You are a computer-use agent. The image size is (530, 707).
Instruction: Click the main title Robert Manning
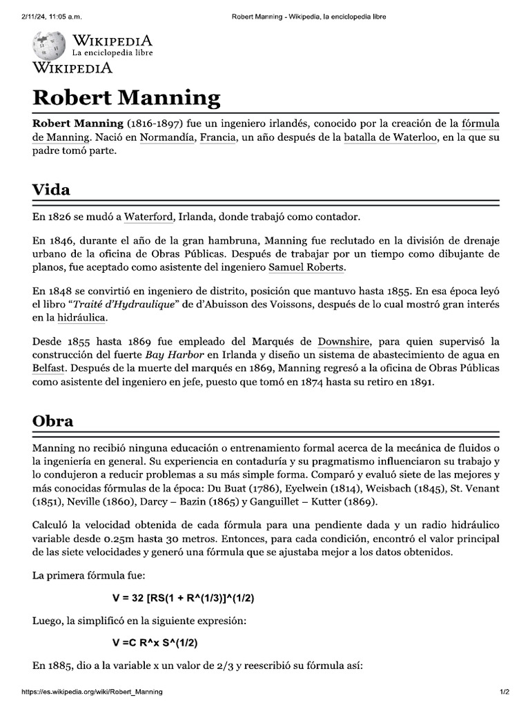pyautogui.click(x=127, y=97)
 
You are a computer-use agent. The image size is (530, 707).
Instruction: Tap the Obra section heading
pyautogui.click(x=53, y=420)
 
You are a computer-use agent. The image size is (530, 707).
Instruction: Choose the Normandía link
pyautogui.click(x=167, y=137)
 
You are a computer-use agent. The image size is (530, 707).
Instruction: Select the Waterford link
pyautogui.click(x=148, y=217)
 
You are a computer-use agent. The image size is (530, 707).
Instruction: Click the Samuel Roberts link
pyautogui.click(x=306, y=267)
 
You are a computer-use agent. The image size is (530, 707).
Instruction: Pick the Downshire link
pyautogui.click(x=344, y=342)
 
